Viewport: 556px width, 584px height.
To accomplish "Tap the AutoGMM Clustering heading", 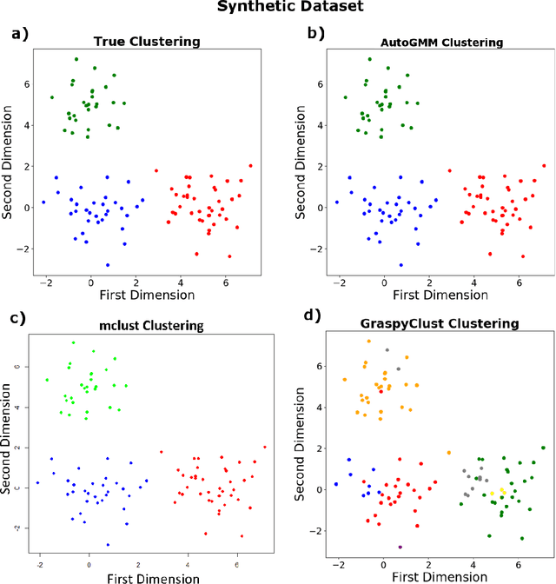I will coord(430,41).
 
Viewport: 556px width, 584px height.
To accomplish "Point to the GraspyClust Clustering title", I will coord(427,324).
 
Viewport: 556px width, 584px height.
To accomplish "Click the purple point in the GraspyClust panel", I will coord(400,547).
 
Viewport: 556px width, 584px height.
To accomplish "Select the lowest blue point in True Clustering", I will coord(108,264).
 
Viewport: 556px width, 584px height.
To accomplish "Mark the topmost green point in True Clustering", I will coord(76,60).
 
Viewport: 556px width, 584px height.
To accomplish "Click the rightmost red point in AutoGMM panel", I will coord(544,165).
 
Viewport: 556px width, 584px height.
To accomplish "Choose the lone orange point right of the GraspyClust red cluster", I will coord(449,453).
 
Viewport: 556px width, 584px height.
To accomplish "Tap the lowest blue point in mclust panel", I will coord(108,545).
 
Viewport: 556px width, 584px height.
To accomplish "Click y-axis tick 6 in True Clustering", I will coord(28,84).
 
